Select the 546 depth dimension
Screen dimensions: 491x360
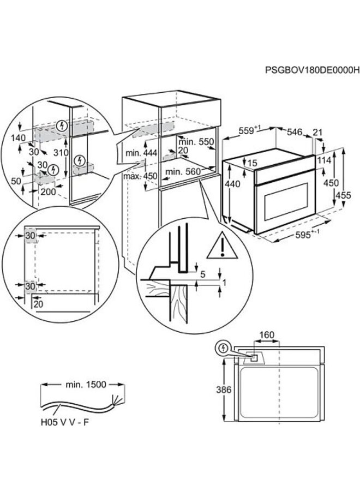click(x=295, y=131)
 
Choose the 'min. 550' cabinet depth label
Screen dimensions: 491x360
click(x=196, y=141)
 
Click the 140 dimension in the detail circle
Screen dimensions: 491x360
click(x=19, y=139)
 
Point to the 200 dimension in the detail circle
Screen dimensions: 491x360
click(x=47, y=192)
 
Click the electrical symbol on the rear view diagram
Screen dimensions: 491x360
click(x=223, y=348)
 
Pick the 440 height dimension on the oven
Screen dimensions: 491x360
click(x=233, y=185)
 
